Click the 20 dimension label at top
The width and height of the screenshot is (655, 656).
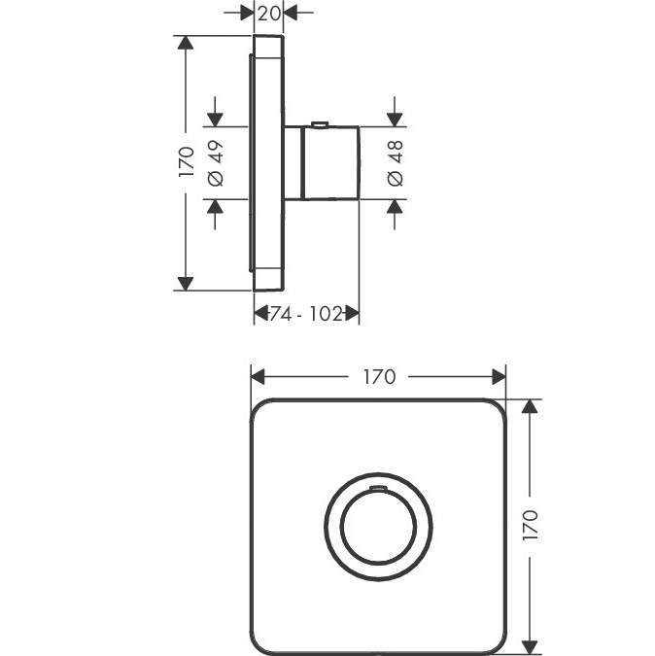click(x=268, y=14)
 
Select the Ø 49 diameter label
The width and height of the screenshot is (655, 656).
click(x=216, y=163)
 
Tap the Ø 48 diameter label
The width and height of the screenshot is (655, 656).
click(x=396, y=163)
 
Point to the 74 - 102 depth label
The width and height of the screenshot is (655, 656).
click(x=305, y=313)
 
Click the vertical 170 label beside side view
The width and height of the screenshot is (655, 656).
click(x=187, y=161)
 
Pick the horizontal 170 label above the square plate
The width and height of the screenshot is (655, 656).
click(x=379, y=377)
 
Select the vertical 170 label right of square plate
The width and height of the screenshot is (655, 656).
click(x=531, y=525)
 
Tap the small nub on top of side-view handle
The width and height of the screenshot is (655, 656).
click(x=320, y=123)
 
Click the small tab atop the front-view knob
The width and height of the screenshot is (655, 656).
click(x=378, y=487)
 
